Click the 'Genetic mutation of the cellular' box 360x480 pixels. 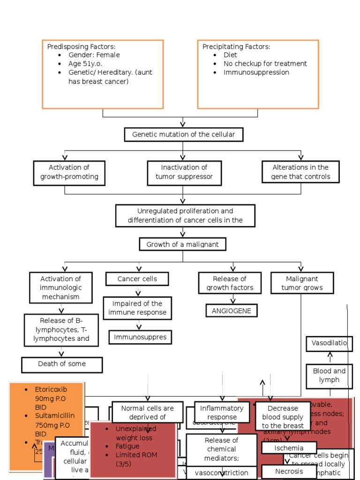click(x=183, y=135)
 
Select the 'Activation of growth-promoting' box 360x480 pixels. click(x=69, y=172)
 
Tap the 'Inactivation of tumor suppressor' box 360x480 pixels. click(x=184, y=172)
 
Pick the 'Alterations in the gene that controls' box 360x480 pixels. click(x=300, y=172)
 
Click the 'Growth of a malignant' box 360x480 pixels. click(x=182, y=244)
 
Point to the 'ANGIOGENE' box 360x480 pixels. click(x=232, y=310)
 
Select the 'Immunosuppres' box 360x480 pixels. click(x=138, y=337)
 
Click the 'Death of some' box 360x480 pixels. click(x=62, y=364)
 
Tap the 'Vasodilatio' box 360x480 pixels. click(x=329, y=343)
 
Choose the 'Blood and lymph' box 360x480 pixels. click(x=329, y=375)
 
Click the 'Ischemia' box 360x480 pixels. click(x=289, y=448)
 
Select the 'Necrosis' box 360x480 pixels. click(x=289, y=471)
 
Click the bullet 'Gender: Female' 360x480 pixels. click(x=94, y=55)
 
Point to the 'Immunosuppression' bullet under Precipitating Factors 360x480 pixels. click(x=256, y=72)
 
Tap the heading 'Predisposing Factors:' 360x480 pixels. click(x=81, y=46)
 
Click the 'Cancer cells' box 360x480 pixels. click(x=137, y=279)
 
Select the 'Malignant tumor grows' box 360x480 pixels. click(x=302, y=283)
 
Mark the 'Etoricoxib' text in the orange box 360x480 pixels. click(x=51, y=389)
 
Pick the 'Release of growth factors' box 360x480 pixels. click(x=230, y=283)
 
